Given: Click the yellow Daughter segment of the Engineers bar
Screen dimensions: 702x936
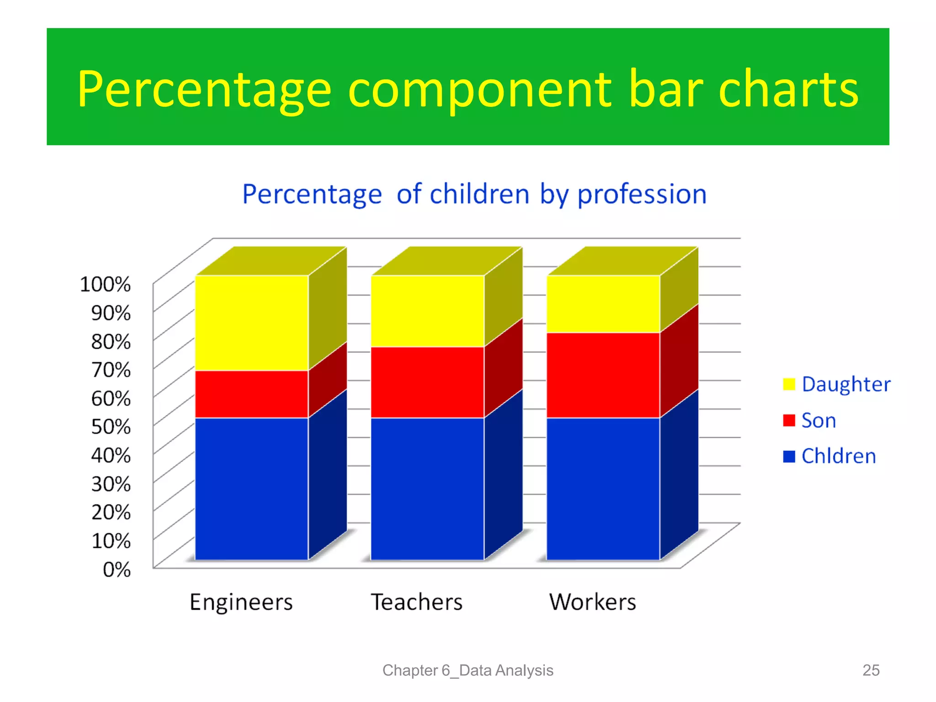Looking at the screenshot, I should (252, 323).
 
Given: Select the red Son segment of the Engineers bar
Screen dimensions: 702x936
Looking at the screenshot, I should (252, 394).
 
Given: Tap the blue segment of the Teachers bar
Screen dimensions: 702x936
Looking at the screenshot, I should (427, 488).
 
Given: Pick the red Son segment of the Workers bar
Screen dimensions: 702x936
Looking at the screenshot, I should (603, 375).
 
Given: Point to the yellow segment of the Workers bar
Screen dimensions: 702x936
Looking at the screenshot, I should (603, 304).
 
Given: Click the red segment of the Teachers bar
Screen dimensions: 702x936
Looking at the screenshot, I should (427, 382).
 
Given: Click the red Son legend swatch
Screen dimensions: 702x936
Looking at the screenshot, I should (789, 420).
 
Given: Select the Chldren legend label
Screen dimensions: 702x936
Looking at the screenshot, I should (839, 456).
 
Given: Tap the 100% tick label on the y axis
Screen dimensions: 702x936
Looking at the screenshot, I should (105, 284).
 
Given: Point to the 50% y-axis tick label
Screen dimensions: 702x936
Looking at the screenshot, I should (111, 427).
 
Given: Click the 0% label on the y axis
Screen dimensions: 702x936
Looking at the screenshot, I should (117, 569).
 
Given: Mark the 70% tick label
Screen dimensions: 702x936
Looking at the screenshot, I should (111, 370).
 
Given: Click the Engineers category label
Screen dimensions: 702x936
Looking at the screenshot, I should (241, 602).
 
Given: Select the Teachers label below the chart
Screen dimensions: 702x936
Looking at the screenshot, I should (416, 602).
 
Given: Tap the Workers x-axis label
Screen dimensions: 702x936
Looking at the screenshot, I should (592, 602).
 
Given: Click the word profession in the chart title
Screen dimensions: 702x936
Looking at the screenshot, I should (642, 195).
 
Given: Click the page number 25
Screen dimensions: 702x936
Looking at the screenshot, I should (871, 670).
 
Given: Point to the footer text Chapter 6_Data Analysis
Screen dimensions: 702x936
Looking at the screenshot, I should (468, 670).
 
